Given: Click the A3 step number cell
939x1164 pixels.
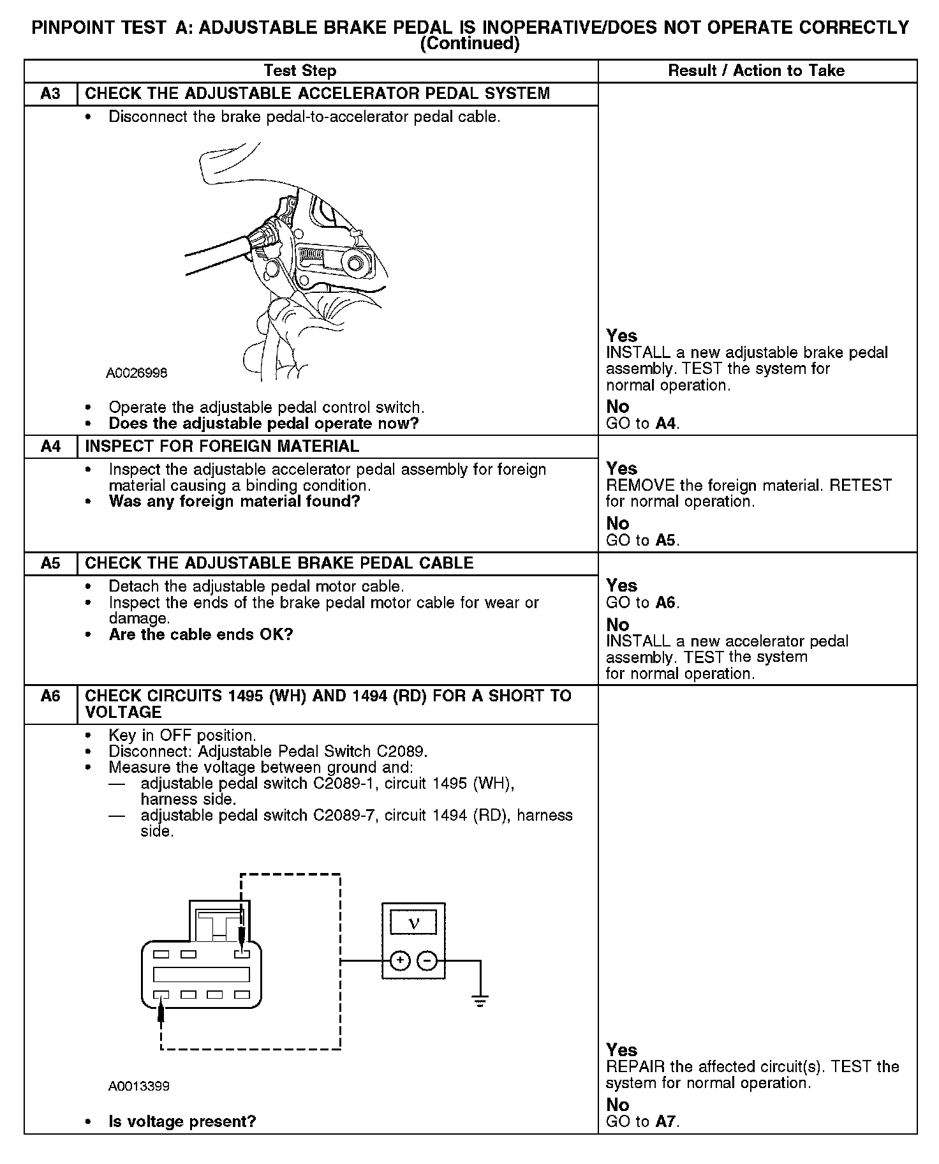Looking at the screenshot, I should click(x=50, y=94).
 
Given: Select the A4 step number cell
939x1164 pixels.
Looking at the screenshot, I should click(x=50, y=446).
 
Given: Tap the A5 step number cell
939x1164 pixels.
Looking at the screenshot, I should click(x=50, y=563).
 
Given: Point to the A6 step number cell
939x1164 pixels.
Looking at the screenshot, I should click(x=50, y=696).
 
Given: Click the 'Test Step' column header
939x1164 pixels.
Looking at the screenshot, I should click(x=300, y=71).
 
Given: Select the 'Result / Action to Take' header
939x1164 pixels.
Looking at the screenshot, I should click(x=756, y=71).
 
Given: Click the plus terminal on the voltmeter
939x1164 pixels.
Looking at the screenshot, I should click(x=400, y=960).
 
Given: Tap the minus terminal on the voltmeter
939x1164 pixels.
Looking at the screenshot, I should click(x=427, y=960).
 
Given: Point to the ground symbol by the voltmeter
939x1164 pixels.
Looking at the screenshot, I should click(x=480, y=1001).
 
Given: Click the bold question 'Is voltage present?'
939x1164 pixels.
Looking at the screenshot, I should click(x=182, y=1121).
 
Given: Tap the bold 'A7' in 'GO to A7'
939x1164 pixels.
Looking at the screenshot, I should click(x=665, y=1121).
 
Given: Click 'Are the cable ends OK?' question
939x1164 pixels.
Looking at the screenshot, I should click(x=200, y=635).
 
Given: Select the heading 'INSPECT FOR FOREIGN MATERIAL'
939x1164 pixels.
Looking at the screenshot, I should click(x=222, y=446).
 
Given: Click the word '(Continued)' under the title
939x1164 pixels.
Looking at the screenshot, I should click(x=470, y=43).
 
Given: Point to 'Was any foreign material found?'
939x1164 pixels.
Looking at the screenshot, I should click(x=234, y=502).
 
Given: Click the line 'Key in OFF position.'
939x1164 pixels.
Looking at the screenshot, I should click(x=182, y=735).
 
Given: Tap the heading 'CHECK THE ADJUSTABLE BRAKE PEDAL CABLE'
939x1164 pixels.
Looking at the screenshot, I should click(x=279, y=563).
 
